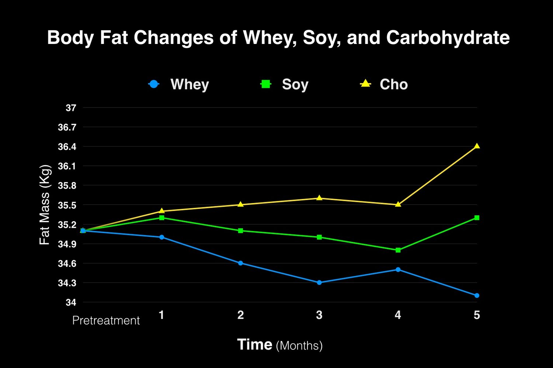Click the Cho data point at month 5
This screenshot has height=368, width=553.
tap(477, 146)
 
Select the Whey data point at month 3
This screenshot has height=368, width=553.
tap(319, 282)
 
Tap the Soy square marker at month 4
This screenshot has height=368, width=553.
tap(398, 250)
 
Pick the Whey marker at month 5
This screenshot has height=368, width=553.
tap(477, 295)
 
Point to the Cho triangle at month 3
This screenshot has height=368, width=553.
tap(319, 198)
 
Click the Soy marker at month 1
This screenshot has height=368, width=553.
tap(161, 218)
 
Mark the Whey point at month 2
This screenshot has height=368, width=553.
tap(240, 263)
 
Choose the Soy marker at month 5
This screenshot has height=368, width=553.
tap(477, 218)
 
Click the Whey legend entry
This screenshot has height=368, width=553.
tap(179, 84)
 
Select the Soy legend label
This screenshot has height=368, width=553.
tap(295, 84)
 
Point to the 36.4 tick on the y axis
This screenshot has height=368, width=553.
tap(67, 147)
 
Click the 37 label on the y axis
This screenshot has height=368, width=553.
tap(71, 108)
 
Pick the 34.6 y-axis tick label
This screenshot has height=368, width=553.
tap(67, 264)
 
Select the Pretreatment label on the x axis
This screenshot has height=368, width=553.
tap(106, 320)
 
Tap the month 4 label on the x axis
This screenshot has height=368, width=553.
tap(398, 315)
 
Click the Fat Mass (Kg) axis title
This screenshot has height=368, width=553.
tap(45, 205)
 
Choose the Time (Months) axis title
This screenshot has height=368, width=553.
tap(280, 345)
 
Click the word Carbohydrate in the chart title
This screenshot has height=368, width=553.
tap(448, 38)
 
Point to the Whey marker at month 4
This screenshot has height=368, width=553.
tap(398, 269)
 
